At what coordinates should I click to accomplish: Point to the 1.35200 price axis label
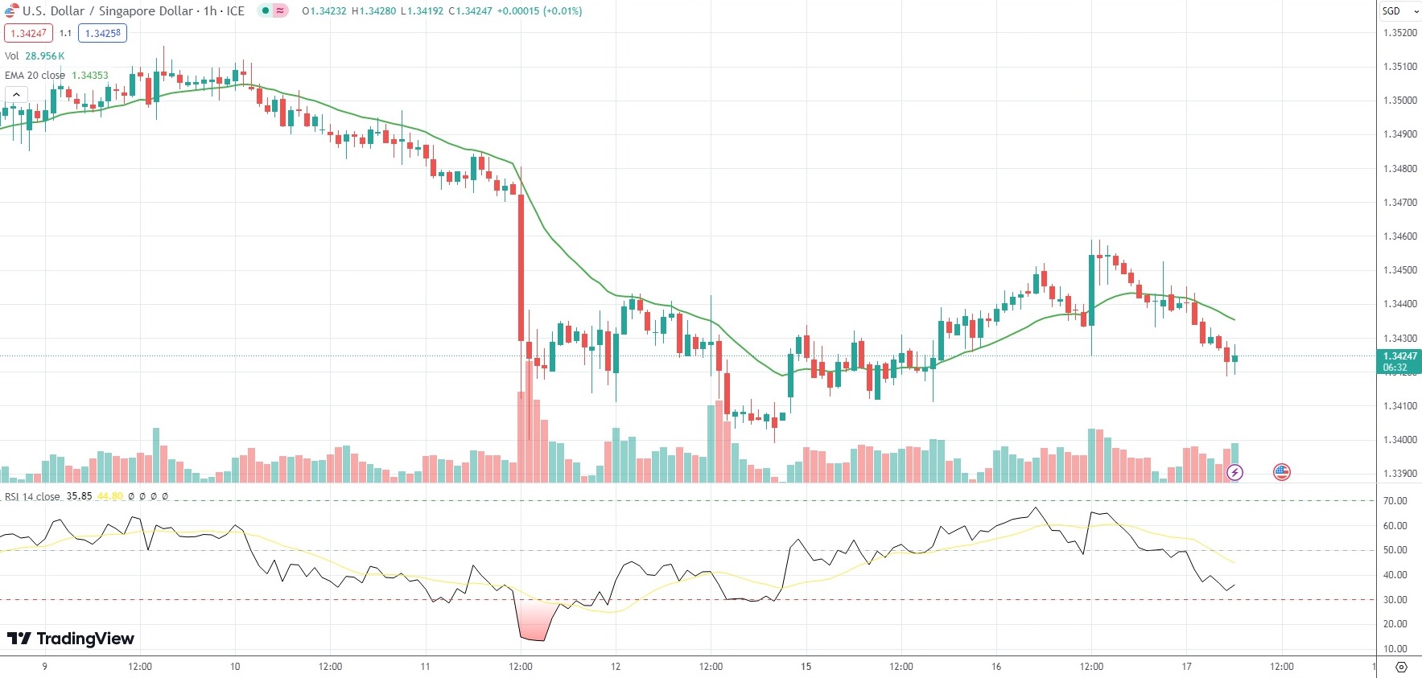tap(1399, 33)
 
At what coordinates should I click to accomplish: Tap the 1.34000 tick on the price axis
tap(1399, 440)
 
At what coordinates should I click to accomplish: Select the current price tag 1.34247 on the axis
tap(1399, 356)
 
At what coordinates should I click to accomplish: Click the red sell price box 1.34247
tap(28, 33)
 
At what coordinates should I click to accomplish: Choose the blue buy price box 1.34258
tap(102, 33)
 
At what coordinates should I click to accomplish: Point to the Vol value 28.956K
tap(44, 56)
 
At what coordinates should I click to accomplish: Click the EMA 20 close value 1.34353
tap(89, 76)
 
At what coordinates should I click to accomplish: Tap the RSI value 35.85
tap(79, 496)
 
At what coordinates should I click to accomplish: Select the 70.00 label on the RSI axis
tap(1395, 501)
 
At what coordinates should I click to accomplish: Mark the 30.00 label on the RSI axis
tap(1395, 600)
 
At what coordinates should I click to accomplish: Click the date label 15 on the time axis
tap(806, 667)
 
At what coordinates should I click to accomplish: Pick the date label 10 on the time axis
tap(235, 667)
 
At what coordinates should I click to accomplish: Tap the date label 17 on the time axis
tap(1186, 667)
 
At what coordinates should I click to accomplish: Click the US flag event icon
tap(1282, 472)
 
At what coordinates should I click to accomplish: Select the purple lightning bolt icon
tap(1234, 472)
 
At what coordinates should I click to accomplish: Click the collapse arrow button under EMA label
tap(16, 95)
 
